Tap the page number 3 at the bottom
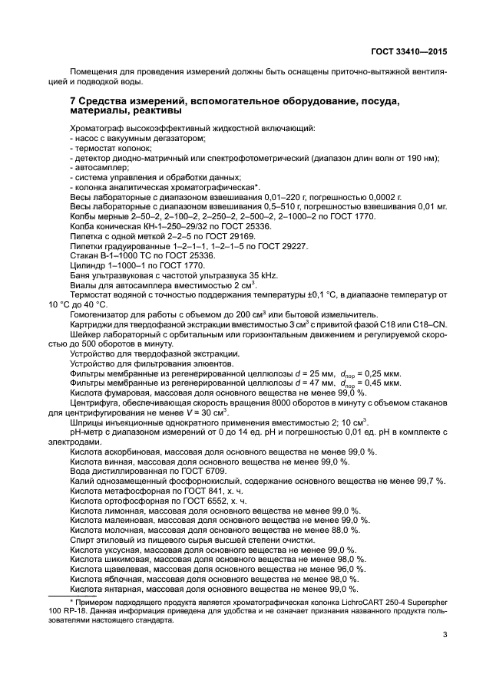pyautogui.click(x=445, y=634)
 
